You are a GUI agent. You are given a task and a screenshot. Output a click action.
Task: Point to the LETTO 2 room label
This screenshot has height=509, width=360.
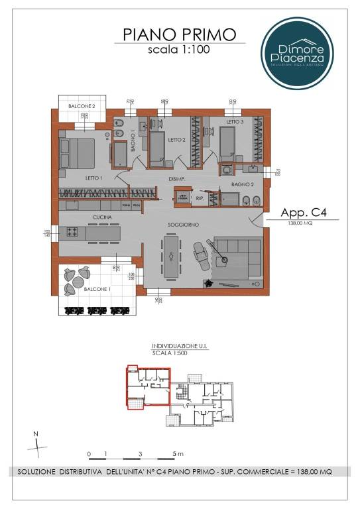click(176, 140)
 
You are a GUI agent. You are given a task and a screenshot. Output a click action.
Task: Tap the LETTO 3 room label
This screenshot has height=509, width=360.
click(235, 123)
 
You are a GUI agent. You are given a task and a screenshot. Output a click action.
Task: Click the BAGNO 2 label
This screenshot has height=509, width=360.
click(243, 184)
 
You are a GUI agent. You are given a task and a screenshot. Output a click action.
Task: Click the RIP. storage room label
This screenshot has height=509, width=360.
click(200, 197)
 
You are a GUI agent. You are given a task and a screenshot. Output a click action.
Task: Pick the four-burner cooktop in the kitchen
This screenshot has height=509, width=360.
click(72, 233)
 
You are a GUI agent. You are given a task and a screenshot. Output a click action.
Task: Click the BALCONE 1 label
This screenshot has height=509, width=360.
click(97, 289)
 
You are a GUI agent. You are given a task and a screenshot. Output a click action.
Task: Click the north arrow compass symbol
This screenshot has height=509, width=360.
click(38, 446)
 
